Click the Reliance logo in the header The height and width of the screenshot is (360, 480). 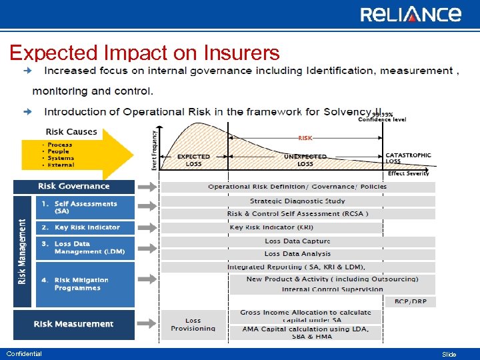pyautogui.click(x=410, y=14)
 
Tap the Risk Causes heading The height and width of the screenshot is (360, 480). pyautogui.click(x=71, y=132)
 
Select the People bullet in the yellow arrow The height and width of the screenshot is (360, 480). pyautogui.click(x=60, y=151)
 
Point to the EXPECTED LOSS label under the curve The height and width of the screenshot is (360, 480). pyautogui.click(x=194, y=160)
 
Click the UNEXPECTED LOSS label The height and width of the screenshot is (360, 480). pyautogui.click(x=305, y=160)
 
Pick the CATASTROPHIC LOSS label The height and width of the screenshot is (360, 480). pyautogui.click(x=408, y=158)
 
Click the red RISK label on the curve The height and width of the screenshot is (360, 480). pyautogui.click(x=305, y=138)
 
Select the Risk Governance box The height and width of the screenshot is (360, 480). pyautogui.click(x=74, y=187)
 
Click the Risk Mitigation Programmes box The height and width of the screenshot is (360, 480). pyautogui.click(x=74, y=284)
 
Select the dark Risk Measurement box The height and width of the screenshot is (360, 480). pyautogui.click(x=74, y=324)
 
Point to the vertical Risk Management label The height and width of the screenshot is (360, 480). pyautogui.click(x=22, y=251)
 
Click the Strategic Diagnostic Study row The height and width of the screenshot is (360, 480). pyautogui.click(x=297, y=201)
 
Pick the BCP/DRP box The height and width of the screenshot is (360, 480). pyautogui.click(x=410, y=301)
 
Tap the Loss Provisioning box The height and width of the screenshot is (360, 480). pyautogui.click(x=193, y=325)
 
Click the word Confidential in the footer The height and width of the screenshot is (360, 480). pyautogui.click(x=24, y=354)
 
